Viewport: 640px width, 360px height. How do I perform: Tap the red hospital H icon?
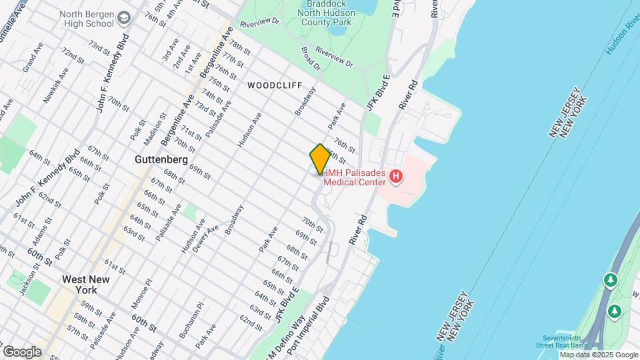coord(396,177)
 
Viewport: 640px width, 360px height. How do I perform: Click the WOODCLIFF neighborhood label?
coord(275,86)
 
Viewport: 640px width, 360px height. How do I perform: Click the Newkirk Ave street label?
coord(57,85)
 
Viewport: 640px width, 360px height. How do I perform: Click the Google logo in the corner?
coord(22,351)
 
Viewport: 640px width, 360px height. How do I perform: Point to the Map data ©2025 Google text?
coord(598,355)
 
